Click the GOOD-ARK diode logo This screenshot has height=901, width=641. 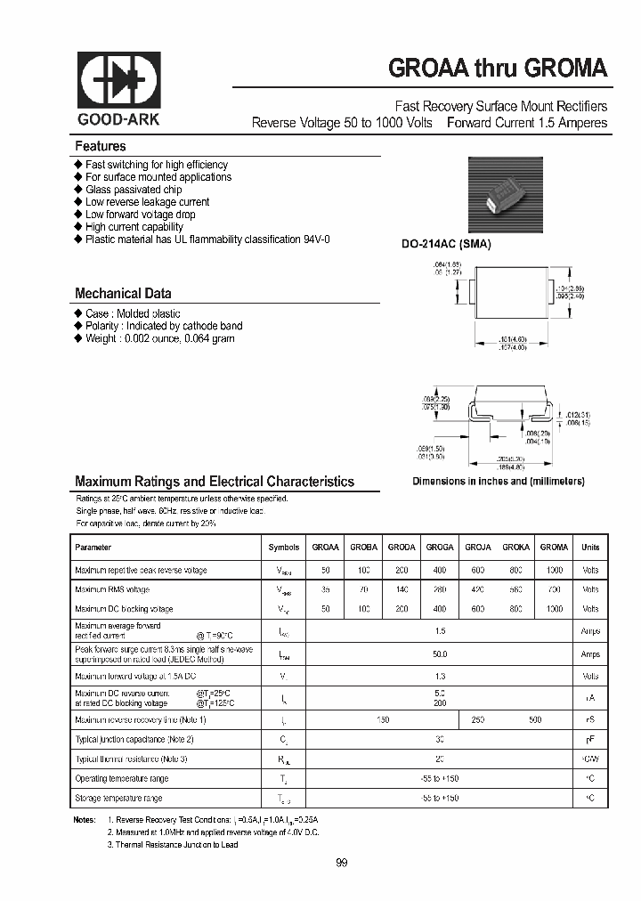coord(118,82)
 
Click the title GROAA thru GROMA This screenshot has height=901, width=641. coord(498,69)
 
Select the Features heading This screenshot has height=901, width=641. coord(101,146)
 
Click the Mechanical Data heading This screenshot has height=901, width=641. coord(123,293)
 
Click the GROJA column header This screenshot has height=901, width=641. coord(478,548)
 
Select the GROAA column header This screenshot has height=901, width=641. coord(326,548)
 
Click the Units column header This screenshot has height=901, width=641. coord(590,548)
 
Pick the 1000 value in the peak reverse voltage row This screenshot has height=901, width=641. coord(554,570)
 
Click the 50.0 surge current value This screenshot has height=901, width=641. coord(440,654)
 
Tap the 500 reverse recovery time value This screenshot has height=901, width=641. coord(534,719)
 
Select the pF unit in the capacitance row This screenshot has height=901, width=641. coord(590,740)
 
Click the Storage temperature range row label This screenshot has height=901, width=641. coord(118,799)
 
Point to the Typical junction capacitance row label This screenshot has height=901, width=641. coord(134,740)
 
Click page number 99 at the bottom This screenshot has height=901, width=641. coord(343,863)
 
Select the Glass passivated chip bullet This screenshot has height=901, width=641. coord(134,190)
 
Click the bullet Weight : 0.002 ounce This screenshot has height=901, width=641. coord(159,338)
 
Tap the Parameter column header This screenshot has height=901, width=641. coord(93,548)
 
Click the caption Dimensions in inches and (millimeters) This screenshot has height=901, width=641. coord(498,482)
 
